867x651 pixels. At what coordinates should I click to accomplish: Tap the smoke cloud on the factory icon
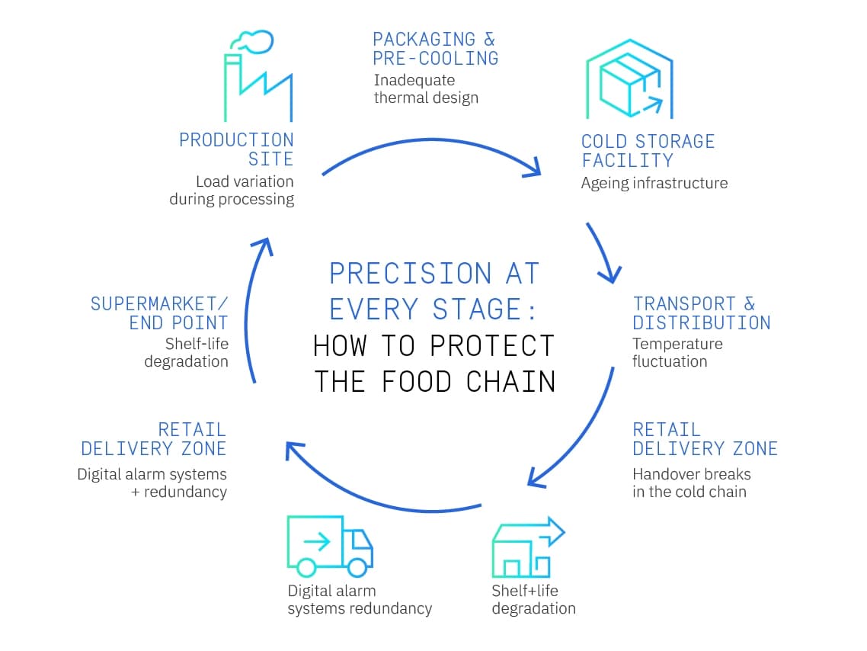coord(253,42)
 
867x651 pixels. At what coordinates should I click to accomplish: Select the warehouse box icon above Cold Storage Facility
coord(629,79)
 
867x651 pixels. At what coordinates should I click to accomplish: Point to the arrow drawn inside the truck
coord(317,541)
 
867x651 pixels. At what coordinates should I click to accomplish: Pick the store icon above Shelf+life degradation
coord(528,547)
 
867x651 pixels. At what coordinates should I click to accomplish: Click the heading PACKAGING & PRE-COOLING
coord(435,49)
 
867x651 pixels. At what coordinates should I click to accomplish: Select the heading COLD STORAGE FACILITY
coord(648,151)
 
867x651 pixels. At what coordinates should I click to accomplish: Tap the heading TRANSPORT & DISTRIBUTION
coord(701,313)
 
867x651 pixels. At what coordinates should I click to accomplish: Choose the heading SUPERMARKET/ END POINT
coord(159,313)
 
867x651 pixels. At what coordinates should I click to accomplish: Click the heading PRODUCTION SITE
coord(236,149)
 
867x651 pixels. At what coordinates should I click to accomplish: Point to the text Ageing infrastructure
coord(654,183)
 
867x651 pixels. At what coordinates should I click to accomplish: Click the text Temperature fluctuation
coord(677,352)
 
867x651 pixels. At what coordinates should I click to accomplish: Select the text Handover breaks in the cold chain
coord(691,483)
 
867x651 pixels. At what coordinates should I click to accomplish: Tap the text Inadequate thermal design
coord(426,88)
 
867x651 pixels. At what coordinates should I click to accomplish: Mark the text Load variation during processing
coord(232,191)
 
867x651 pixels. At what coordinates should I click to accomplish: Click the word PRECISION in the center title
coord(410,274)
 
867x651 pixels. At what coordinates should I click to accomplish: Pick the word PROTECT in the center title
coord(491,346)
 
